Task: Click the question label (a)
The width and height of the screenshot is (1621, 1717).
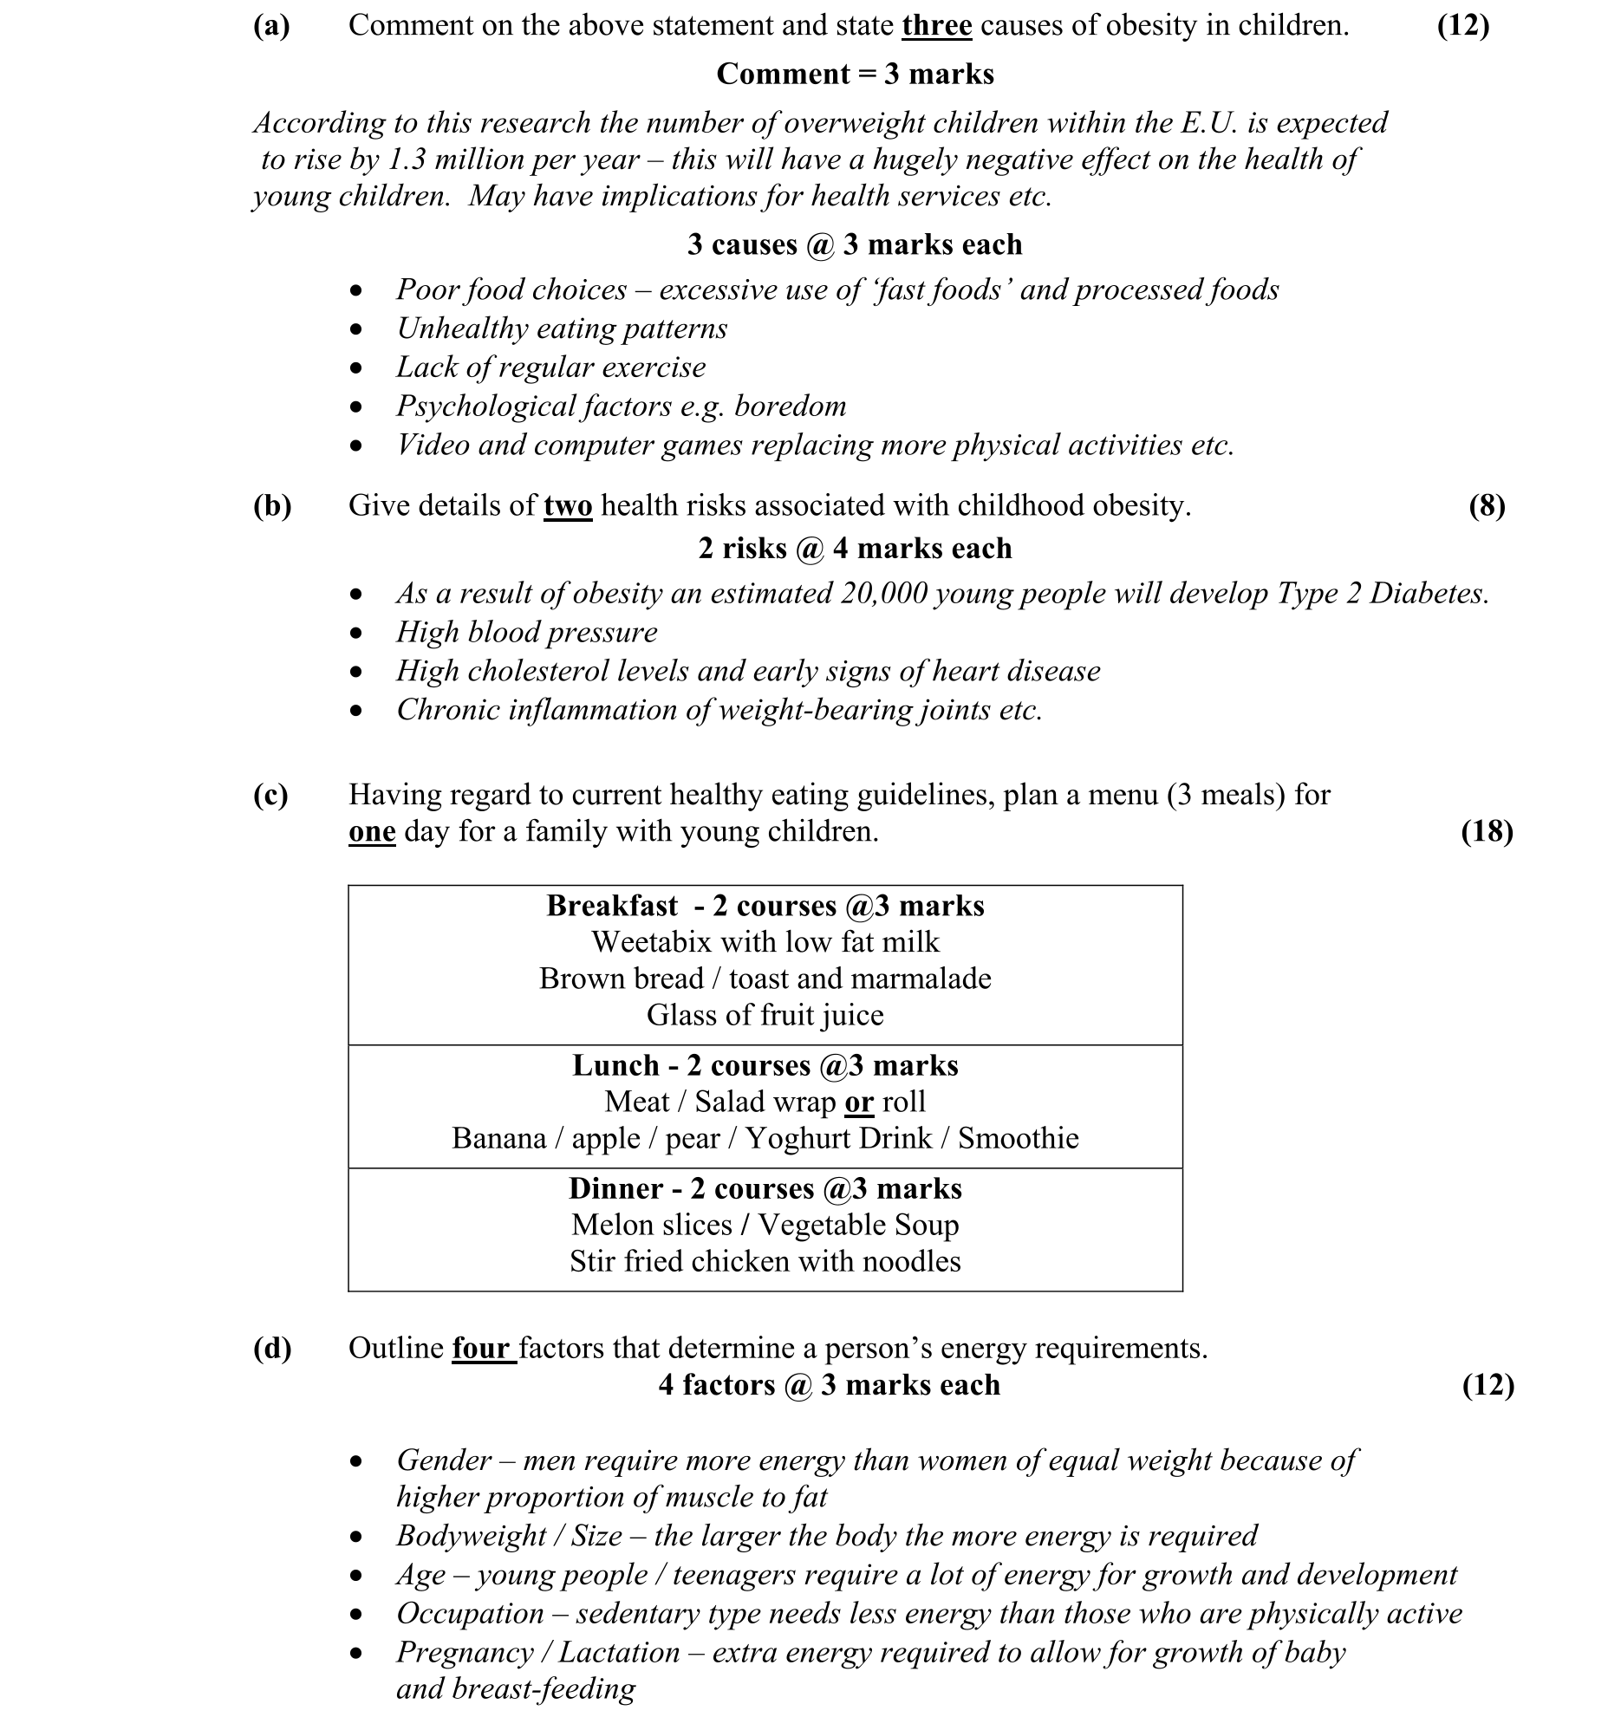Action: (271, 26)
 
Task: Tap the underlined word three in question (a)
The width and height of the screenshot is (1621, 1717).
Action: (936, 26)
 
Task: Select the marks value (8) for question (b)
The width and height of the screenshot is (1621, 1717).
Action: (1486, 505)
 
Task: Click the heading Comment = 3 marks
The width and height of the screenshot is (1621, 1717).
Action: (855, 75)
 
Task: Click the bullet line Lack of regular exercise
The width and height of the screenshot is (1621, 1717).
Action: (550, 367)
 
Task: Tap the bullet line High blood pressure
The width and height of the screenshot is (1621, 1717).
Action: (526, 633)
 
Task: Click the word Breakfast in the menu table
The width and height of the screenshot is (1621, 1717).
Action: (612, 906)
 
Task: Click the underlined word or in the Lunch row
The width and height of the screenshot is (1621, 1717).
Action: (858, 1102)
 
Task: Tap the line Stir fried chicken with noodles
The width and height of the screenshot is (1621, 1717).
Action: (765, 1262)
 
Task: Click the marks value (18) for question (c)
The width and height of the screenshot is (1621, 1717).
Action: (1486, 832)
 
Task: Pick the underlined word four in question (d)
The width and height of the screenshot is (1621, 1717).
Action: (481, 1349)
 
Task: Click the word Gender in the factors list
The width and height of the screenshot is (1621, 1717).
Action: (443, 1460)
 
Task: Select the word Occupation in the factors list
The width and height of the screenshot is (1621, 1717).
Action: (470, 1614)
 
